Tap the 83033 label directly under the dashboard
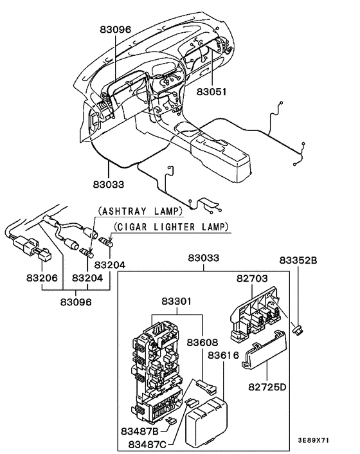pyautogui.click(x=107, y=184)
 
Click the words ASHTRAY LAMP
pyautogui.click(x=140, y=211)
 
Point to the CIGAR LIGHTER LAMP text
pyautogui.click(x=172, y=227)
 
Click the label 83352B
pyautogui.click(x=299, y=260)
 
